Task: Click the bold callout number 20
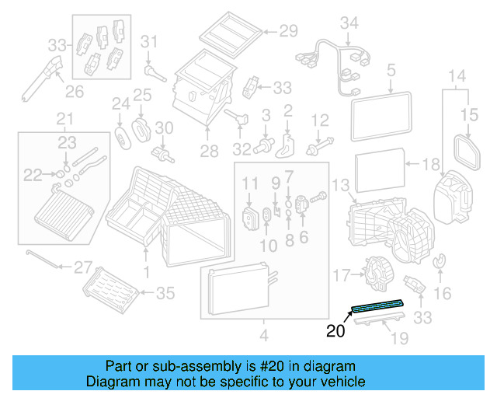click(x=335, y=330)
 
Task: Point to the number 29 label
click(x=289, y=32)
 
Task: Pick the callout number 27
click(x=82, y=268)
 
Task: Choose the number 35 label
click(x=166, y=293)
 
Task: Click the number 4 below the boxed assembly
click(x=264, y=336)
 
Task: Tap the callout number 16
click(x=443, y=293)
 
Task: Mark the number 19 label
click(x=399, y=338)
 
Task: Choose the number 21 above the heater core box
click(x=64, y=119)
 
